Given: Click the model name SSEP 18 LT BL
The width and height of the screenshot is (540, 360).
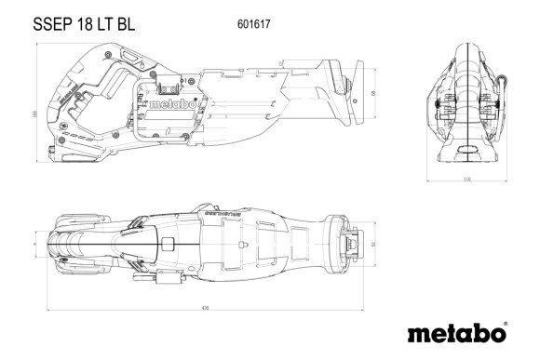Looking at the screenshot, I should coord(70,25).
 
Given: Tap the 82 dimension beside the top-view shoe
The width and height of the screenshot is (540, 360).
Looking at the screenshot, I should coord(372,246).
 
